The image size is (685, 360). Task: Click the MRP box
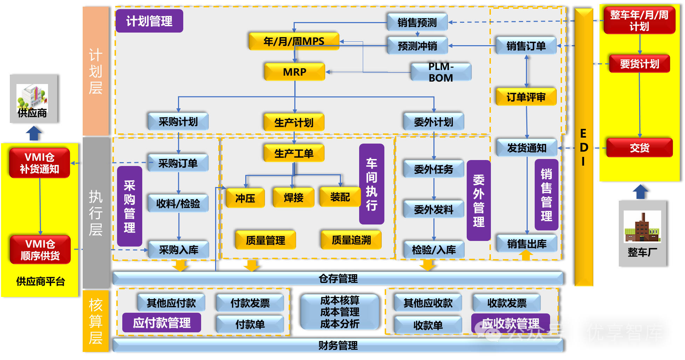295,72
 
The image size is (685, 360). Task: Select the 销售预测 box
417,22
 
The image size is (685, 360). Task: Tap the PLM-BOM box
441,72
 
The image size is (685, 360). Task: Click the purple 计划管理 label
149,21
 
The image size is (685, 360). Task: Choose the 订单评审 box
526,97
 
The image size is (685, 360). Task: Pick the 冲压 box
245,198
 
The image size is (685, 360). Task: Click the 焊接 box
294,198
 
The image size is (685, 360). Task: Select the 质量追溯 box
351,240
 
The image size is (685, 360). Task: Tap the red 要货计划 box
639,64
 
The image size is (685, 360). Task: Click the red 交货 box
639,148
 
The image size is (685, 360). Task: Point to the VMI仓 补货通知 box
40,163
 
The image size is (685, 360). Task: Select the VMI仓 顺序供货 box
40,250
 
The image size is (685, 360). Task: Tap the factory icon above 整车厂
642,227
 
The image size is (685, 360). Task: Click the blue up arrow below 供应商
34,133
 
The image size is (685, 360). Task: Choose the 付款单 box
250,324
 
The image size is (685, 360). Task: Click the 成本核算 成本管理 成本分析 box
340,312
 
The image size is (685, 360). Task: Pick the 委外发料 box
433,209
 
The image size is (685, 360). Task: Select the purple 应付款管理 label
162,323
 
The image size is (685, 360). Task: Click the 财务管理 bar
338,346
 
